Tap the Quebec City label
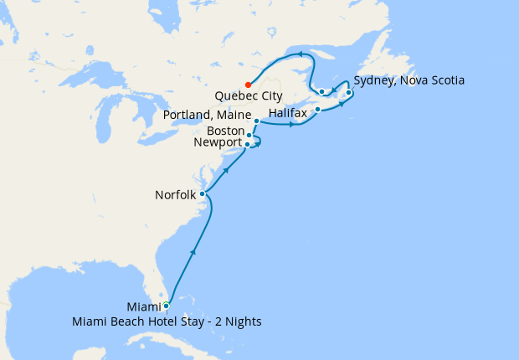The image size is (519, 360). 249,96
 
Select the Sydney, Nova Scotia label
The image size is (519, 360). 409,81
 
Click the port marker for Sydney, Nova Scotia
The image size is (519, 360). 348,93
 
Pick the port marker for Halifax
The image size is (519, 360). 317,110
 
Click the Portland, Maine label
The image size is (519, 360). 208,114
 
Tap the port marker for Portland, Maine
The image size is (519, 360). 256,121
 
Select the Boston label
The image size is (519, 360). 224,131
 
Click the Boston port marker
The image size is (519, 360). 249,134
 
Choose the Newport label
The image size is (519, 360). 217,143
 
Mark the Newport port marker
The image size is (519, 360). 247,144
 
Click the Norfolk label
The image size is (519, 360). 176,195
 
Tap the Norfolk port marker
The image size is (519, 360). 202,194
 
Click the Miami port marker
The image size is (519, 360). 166,306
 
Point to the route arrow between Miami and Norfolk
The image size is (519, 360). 193,250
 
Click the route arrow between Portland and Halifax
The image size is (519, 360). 291,126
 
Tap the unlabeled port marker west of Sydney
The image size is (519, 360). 322,92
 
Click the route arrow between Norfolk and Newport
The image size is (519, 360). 226,171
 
